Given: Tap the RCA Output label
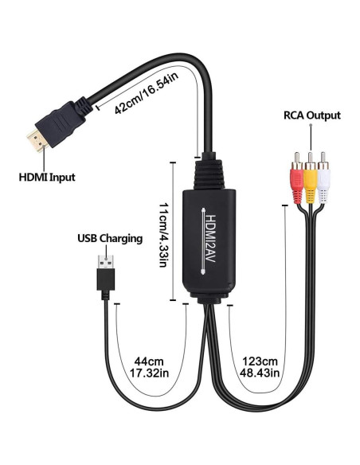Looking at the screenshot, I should click(311, 115).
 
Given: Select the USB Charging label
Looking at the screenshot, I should click(110, 237).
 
